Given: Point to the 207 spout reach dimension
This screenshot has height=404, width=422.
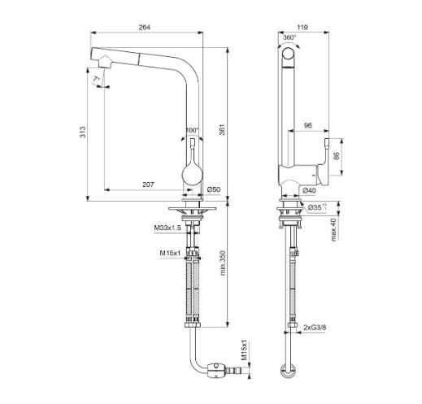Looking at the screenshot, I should [148, 185].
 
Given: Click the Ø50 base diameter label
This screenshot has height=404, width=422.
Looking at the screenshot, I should [212, 190].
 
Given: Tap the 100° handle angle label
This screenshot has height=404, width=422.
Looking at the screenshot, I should [192, 130].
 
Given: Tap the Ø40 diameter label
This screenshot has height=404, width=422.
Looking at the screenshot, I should [309, 190].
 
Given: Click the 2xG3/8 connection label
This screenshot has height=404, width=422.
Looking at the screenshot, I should [315, 328].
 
